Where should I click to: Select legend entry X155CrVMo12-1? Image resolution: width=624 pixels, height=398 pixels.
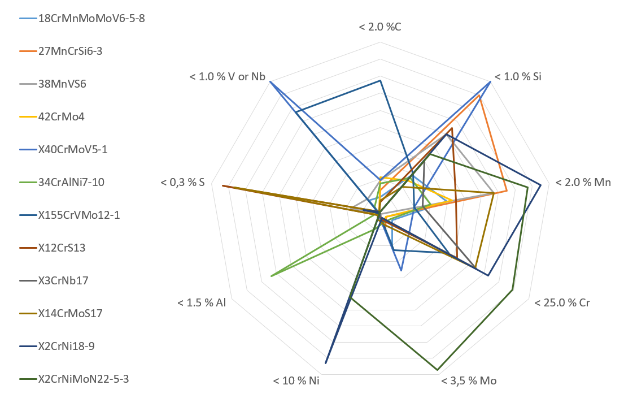[78, 215]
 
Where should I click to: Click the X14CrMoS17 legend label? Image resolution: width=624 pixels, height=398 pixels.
[70, 313]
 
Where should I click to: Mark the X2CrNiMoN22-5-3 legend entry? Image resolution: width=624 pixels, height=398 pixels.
[84, 379]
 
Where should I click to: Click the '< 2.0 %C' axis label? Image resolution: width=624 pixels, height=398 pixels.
[379, 27]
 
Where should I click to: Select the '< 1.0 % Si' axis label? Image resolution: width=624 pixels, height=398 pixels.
[518, 77]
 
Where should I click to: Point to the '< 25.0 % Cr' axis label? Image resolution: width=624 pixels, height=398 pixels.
[562, 302]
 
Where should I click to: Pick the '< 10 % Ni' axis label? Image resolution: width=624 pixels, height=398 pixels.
[296, 380]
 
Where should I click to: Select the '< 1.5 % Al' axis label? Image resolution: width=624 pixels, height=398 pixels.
[202, 302]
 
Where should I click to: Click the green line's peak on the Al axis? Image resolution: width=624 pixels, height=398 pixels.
[272, 276]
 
